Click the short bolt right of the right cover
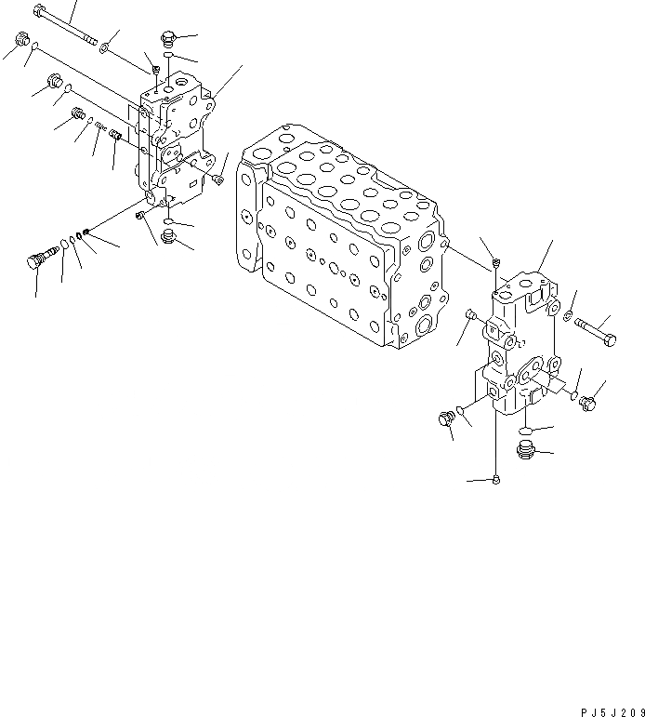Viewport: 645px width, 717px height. coord(595,325)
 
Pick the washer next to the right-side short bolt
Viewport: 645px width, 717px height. coord(566,319)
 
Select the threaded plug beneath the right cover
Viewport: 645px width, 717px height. coord(525,453)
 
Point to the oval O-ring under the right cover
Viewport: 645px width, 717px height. coord(524,431)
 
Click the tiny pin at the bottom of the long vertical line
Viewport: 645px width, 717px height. coord(497,479)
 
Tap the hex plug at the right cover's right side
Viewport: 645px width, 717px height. coord(588,402)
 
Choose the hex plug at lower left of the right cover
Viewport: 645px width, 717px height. coord(445,420)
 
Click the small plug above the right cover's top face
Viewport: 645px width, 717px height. coord(499,262)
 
